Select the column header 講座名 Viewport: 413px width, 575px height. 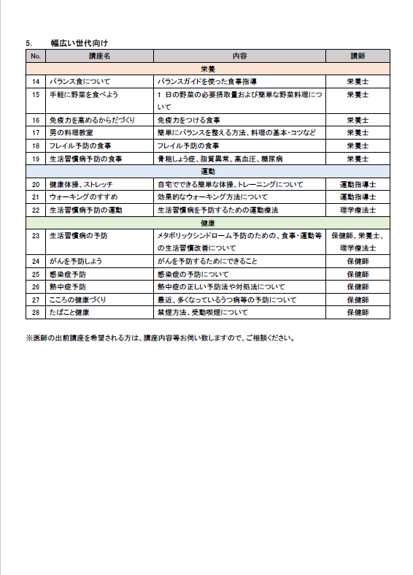click(x=99, y=56)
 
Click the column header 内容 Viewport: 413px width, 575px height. click(x=239, y=56)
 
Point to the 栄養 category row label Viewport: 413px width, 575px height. click(x=207, y=68)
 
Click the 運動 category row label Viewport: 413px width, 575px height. click(x=207, y=171)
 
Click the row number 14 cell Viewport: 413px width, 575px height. click(x=36, y=81)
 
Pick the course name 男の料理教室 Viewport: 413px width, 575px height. click(x=71, y=132)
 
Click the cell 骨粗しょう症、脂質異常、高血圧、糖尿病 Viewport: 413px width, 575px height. click(x=220, y=158)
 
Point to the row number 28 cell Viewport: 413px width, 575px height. click(x=36, y=312)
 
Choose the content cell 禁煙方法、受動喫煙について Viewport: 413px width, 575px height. click(x=202, y=312)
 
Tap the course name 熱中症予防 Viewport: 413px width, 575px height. click(x=67, y=286)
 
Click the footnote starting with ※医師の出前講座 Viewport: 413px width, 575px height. click(x=159, y=338)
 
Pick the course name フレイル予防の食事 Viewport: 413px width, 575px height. click(x=80, y=145)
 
